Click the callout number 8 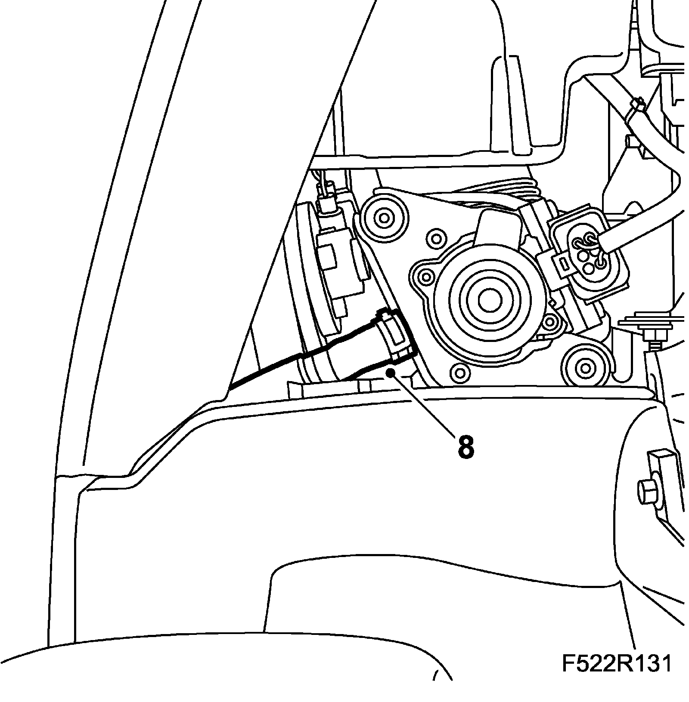coord(466,447)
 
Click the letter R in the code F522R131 coord(615,676)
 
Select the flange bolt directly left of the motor coord(427,276)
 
